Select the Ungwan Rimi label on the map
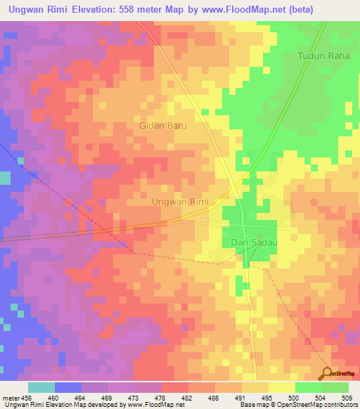[181, 202]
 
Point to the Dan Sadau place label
[252, 242]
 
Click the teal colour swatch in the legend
[41, 387]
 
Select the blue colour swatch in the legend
[68, 387]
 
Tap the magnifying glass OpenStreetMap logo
[328, 372]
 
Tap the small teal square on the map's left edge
[5, 178]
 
